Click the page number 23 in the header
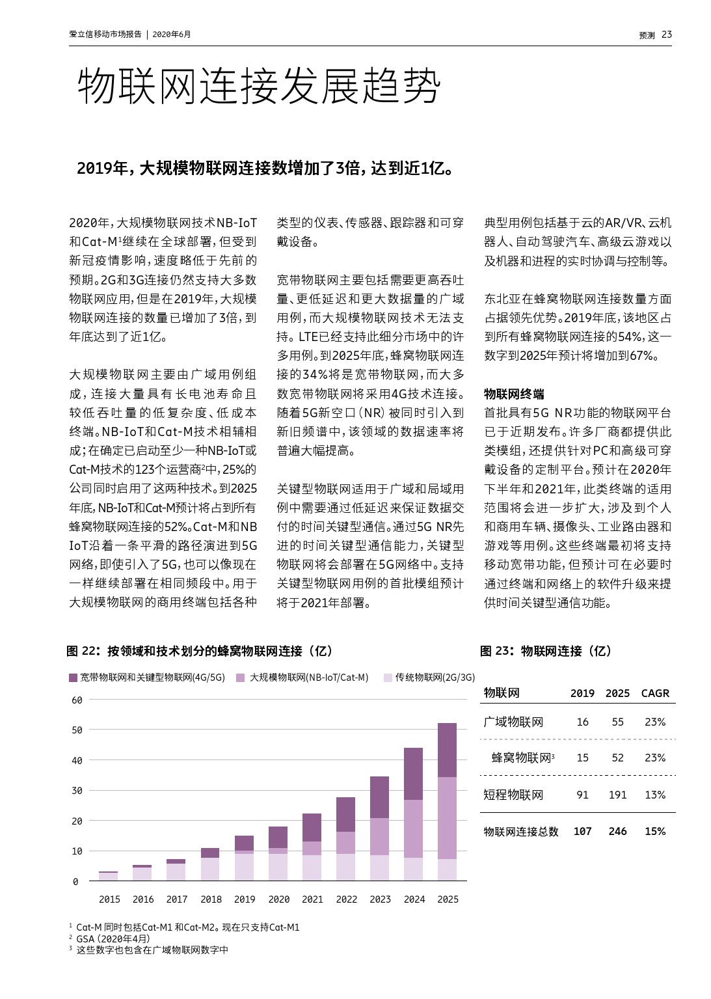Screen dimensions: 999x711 click(x=666, y=34)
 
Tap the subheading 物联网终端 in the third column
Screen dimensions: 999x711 click(x=514, y=394)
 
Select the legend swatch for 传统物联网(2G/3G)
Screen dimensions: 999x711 click(x=388, y=677)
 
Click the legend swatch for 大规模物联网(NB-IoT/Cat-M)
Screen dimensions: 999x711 click(x=241, y=677)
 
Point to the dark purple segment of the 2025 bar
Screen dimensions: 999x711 click(x=448, y=750)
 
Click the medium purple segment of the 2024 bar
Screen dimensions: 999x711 click(x=414, y=828)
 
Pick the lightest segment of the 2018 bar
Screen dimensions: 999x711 click(x=210, y=869)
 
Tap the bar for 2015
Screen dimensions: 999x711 click(x=109, y=876)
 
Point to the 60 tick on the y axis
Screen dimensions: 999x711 click(x=77, y=700)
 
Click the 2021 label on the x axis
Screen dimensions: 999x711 click(x=312, y=899)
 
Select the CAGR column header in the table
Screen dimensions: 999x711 click(x=654, y=693)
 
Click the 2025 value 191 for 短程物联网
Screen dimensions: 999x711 click(x=617, y=795)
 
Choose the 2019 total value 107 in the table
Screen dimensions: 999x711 click(x=582, y=831)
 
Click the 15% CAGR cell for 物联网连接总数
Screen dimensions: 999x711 click(x=654, y=831)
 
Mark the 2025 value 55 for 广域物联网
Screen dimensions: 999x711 click(x=617, y=722)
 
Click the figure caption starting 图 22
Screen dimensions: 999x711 click(x=200, y=651)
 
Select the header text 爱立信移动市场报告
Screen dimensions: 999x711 click(x=105, y=34)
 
